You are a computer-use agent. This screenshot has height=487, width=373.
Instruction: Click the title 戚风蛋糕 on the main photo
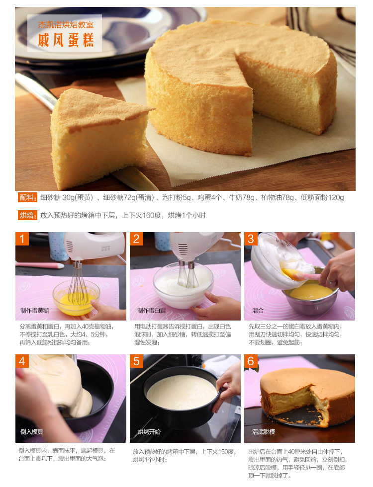(66, 40)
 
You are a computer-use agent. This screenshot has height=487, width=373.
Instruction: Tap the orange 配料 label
(27, 198)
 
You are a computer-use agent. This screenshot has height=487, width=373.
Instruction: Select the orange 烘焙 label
(27, 215)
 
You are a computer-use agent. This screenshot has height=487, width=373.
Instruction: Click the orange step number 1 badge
(22, 239)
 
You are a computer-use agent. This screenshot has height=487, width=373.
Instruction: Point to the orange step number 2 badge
(136, 239)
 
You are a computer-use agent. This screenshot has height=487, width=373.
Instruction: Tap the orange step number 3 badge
(251, 239)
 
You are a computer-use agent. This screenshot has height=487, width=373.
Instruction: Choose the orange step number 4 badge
(22, 361)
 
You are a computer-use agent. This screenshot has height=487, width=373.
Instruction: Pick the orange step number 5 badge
(136, 361)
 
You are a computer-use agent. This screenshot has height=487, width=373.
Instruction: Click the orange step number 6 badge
(251, 361)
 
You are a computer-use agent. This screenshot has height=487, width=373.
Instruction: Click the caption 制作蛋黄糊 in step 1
(34, 310)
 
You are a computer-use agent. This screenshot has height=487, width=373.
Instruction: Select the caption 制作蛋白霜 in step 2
(151, 310)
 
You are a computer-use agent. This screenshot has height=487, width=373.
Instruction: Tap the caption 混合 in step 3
(258, 310)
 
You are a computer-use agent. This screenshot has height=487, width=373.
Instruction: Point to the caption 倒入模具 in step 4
(32, 432)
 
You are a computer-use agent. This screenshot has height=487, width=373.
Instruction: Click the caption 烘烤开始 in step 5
(149, 432)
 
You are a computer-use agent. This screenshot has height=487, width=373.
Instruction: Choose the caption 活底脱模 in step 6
(263, 432)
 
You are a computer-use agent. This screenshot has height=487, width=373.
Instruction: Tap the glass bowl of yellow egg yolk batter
(77, 297)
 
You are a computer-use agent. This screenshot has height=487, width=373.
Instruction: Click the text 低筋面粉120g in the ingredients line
(322, 198)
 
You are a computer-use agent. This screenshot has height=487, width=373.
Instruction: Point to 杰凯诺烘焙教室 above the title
(66, 24)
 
